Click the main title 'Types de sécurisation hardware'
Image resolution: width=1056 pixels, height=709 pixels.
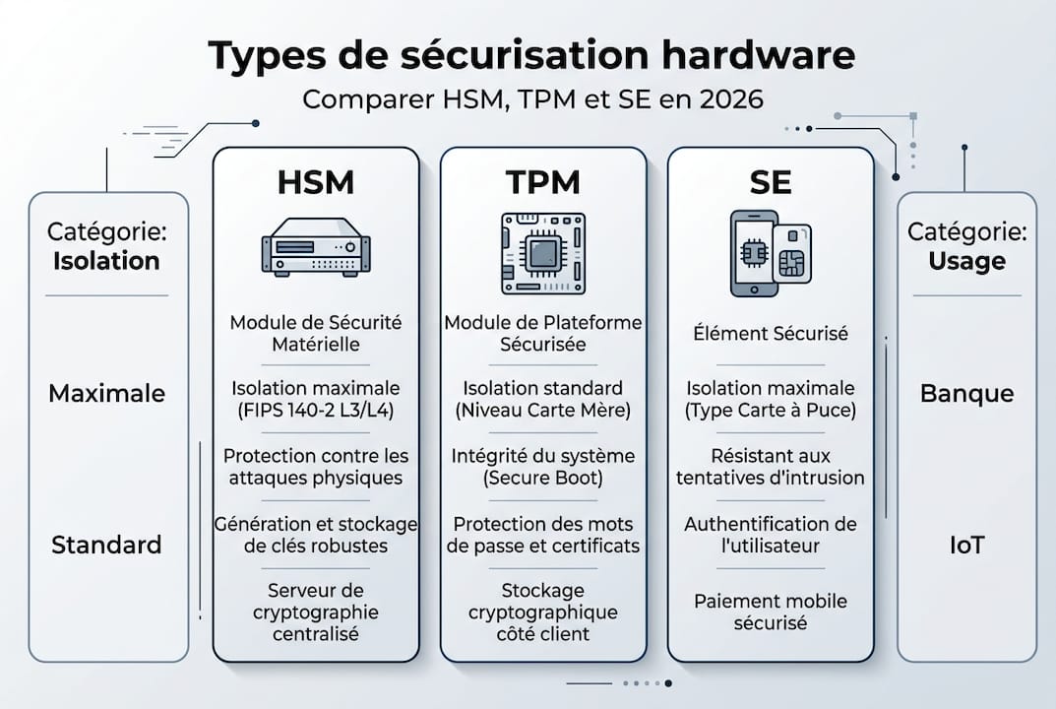(532, 57)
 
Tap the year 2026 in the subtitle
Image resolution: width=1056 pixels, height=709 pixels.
(728, 100)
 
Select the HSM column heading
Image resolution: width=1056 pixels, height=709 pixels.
(316, 183)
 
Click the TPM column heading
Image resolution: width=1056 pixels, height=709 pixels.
(543, 183)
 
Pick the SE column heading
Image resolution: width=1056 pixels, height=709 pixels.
(770, 183)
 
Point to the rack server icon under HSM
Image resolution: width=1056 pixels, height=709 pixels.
(316, 247)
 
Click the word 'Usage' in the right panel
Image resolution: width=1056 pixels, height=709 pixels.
(966, 261)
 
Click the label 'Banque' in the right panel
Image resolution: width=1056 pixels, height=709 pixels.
(966, 394)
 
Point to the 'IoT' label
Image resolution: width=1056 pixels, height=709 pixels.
(966, 545)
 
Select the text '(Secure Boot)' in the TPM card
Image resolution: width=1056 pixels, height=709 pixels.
(543, 479)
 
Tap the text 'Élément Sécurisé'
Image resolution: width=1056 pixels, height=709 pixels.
(770, 334)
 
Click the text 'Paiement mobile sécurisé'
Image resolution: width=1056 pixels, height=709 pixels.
(770, 612)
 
